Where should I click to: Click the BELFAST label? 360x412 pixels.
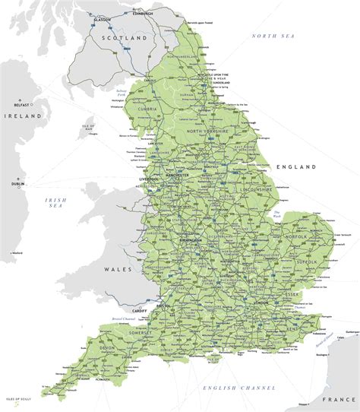coord(20,105)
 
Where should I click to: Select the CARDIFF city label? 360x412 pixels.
coord(137,309)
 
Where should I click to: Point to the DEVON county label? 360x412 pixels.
coord(106,347)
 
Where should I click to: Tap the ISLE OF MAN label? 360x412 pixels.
coord(89,127)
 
